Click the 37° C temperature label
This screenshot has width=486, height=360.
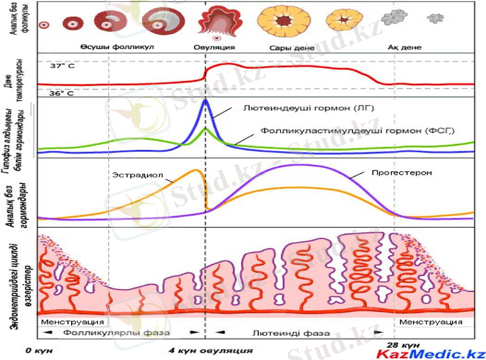click(62, 64)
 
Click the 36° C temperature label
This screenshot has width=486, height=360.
click(62, 93)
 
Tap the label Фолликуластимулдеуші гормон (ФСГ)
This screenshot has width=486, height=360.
click(358, 130)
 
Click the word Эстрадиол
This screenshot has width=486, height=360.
click(129, 175)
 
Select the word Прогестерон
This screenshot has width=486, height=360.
click(402, 172)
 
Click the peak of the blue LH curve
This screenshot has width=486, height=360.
click(205, 101)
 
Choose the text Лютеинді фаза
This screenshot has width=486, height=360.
click(291, 333)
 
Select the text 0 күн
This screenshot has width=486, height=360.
click(38, 350)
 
